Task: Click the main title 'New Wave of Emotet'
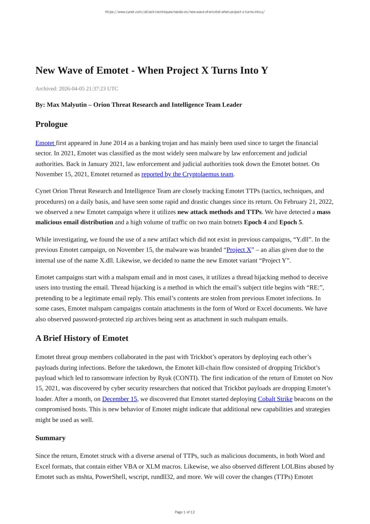[152, 70]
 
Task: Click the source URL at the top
[185, 12]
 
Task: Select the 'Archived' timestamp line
[77, 89]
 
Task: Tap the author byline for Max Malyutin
[139, 105]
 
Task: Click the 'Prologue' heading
[51, 124]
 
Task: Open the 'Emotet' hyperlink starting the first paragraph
[45, 143]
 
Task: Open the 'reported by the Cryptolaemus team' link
[187, 174]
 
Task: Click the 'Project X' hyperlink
[239, 250]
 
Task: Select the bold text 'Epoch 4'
[255, 222]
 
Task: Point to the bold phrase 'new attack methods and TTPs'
[219, 212]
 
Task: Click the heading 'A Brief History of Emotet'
[82, 338]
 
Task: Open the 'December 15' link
[119, 399]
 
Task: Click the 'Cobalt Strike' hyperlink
[275, 399]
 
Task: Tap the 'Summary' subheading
[50, 438]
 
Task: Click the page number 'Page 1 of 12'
[185, 512]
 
